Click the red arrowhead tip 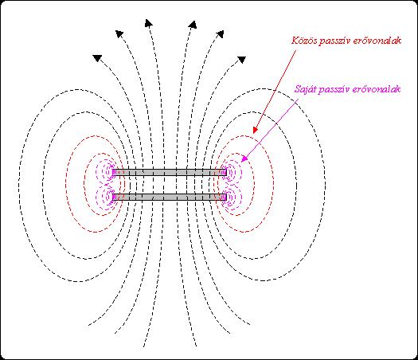click(x=254, y=133)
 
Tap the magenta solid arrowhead click(x=244, y=158)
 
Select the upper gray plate click(x=170, y=172)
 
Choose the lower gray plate click(x=170, y=198)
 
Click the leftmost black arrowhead click(x=97, y=57)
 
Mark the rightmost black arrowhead click(x=241, y=60)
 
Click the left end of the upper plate click(x=113, y=172)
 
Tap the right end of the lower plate click(x=226, y=198)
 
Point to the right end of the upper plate click(x=226, y=172)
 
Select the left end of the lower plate click(x=113, y=198)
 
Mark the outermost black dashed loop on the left click(x=19, y=184)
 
